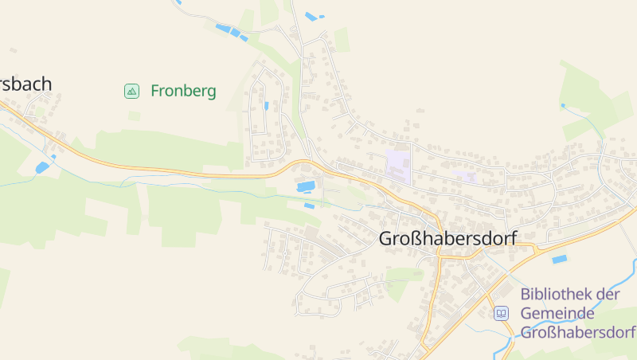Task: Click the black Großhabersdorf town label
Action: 447,238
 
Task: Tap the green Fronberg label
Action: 183,91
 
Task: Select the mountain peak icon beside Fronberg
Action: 132,92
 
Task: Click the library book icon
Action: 501,313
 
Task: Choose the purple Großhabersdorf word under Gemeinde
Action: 577,332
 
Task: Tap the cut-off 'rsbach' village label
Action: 25,84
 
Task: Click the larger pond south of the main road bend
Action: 305,187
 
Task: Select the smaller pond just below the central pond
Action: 309,205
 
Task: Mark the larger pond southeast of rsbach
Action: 42,167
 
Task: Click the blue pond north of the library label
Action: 560,259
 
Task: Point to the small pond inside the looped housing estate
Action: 266,105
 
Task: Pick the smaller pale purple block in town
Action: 465,174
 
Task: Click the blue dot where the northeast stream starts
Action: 563,105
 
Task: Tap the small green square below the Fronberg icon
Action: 134,115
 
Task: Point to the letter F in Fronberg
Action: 154,91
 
